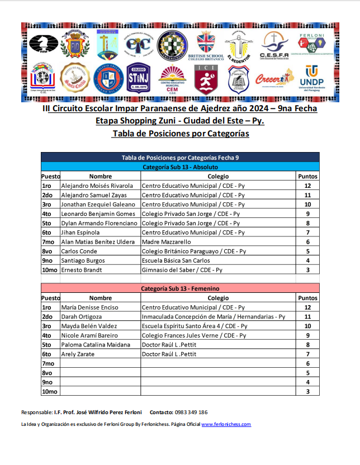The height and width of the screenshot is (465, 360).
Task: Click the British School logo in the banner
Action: click(206, 45)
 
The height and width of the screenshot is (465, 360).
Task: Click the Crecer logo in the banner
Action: click(274, 79)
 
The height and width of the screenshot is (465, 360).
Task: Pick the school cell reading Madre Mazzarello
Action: click(166, 242)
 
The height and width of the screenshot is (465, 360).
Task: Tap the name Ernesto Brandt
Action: click(84, 270)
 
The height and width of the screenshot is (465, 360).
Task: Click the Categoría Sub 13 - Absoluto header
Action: click(180, 167)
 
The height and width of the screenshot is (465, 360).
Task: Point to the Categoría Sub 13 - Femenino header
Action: click(180, 288)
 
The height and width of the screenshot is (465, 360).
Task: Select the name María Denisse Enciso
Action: click(89, 307)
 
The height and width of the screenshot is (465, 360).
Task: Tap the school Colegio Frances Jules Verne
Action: click(193, 335)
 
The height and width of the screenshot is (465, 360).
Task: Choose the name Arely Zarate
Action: click(80, 354)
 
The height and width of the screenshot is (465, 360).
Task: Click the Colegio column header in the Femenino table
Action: click(218, 298)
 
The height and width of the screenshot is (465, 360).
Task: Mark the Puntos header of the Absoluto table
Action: click(307, 176)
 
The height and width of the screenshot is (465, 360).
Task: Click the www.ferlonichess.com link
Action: click(226, 424)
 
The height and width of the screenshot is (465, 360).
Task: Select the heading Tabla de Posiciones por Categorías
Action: click(181, 134)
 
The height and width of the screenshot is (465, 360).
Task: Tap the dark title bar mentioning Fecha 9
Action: click(180, 158)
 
